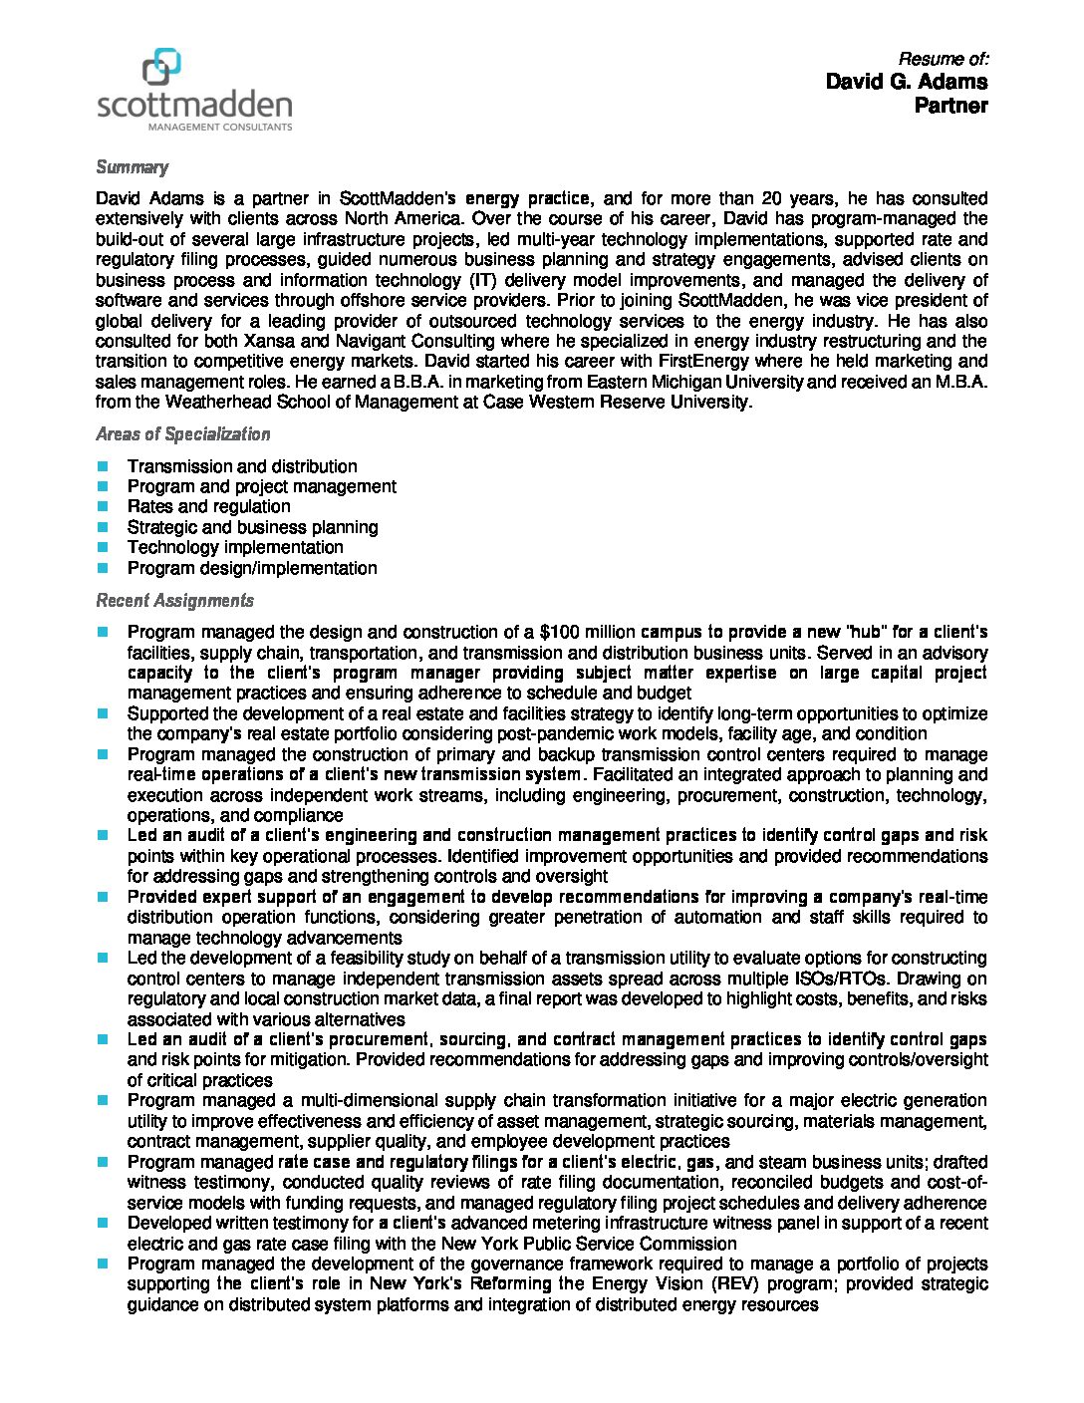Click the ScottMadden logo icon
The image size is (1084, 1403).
[161, 67]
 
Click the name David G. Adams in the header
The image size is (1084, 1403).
[906, 82]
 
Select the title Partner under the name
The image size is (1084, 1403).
[950, 106]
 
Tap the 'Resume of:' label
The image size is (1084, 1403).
[943, 59]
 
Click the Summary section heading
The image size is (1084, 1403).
[132, 167]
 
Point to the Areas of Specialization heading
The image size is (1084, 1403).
[182, 434]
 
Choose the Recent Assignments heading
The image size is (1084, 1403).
[174, 601]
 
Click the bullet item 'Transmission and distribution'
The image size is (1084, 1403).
[242, 466]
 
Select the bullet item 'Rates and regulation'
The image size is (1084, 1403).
[208, 506]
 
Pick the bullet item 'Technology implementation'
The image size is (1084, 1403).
[235, 547]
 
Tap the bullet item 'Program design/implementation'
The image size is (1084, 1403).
[252, 568]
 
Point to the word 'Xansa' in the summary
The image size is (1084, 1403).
[268, 341]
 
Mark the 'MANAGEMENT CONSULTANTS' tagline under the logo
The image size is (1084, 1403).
[220, 128]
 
